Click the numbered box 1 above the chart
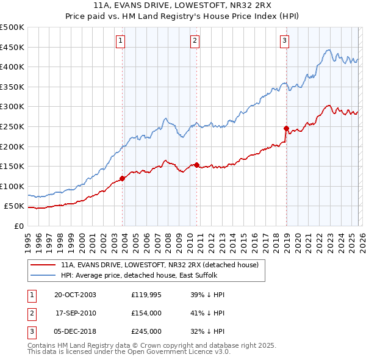[121, 41]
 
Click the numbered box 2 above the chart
[195, 41]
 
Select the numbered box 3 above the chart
[284, 41]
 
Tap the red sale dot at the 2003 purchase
[123, 178]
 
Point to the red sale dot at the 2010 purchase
[197, 165]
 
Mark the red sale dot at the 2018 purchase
[286, 128]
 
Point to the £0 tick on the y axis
[20, 226]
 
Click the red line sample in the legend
[43, 265]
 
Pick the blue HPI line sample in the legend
[43, 276]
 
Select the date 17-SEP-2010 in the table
[76, 313]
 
